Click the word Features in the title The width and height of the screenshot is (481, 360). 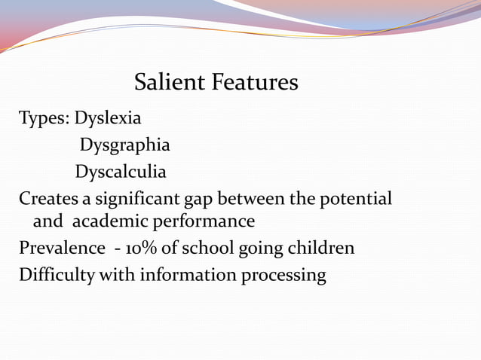[x=255, y=82]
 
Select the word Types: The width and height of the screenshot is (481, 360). [x=44, y=119]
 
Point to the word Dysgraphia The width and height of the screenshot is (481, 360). [x=125, y=145]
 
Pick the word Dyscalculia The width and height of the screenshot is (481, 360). [x=121, y=172]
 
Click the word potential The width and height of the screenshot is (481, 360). [x=356, y=200]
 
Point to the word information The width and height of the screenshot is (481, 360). [x=188, y=275]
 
